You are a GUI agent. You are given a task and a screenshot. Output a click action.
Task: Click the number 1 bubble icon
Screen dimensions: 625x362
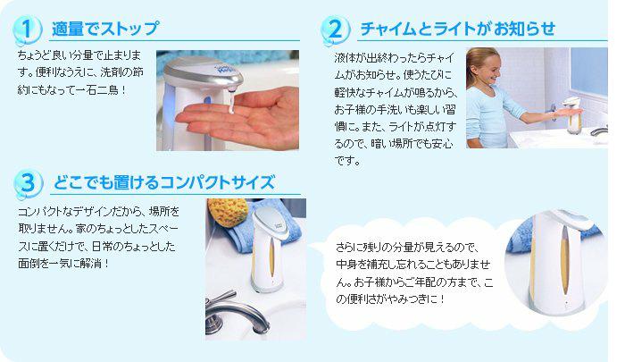[27, 29]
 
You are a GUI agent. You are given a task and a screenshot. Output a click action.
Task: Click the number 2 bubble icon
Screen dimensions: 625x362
[335, 29]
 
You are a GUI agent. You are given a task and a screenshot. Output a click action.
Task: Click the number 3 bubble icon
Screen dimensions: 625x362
[28, 183]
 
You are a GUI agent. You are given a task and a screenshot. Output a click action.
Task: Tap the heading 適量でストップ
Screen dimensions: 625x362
[104, 29]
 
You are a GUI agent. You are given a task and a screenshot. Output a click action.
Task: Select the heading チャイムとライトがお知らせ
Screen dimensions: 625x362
[457, 29]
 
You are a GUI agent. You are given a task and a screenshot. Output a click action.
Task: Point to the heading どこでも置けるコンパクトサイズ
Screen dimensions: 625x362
[163, 182]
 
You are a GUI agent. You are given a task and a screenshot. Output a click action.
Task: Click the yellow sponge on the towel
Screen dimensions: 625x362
[228, 213]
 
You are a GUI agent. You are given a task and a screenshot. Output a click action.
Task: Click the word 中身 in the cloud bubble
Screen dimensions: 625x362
[346, 265]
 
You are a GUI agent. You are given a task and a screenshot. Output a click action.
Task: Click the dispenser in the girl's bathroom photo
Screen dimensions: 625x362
[571, 114]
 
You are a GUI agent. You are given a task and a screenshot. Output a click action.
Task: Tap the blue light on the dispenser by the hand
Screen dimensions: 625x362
[207, 101]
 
